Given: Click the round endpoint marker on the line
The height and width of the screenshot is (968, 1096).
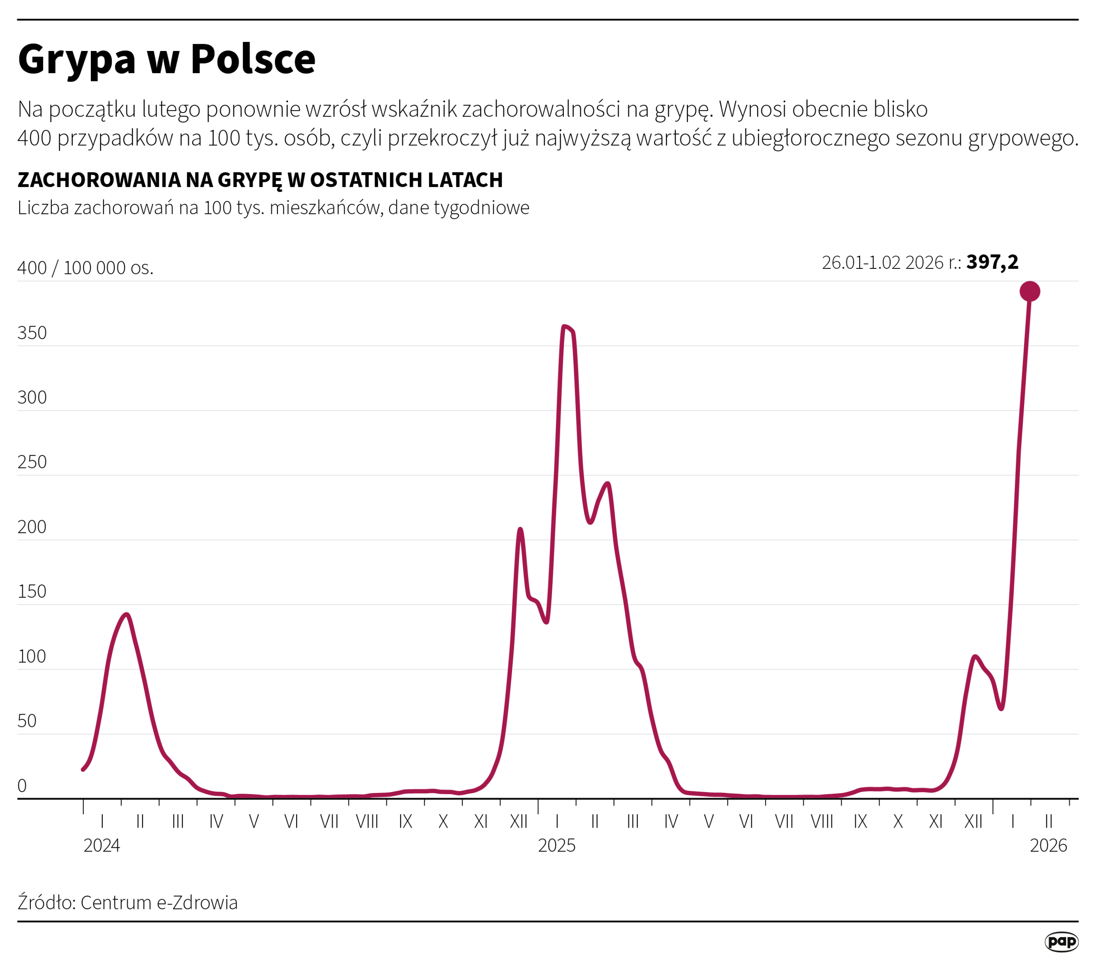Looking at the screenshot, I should point(1030,292).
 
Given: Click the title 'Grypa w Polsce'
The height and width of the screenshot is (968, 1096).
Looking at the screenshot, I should point(167,59).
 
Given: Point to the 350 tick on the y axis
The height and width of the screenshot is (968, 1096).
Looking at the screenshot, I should point(32,333).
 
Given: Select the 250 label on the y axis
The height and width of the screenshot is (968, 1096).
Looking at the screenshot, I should point(32,462).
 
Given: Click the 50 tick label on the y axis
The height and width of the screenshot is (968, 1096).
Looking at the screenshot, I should point(27,721).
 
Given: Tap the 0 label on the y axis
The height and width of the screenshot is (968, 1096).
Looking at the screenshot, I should point(22,786).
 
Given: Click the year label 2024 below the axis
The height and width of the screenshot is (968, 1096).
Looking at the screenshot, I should point(102,846).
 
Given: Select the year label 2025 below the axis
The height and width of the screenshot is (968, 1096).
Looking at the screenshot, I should point(557,846).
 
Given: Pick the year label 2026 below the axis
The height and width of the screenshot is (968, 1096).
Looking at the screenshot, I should point(1048,846).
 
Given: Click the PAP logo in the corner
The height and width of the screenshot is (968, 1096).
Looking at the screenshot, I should point(1061,942).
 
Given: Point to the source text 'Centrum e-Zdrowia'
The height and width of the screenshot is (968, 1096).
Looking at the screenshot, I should point(159,903).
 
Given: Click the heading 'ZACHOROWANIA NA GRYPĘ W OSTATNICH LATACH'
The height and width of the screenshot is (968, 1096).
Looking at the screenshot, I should point(260,180).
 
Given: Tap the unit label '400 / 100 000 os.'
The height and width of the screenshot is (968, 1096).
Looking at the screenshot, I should point(86,268).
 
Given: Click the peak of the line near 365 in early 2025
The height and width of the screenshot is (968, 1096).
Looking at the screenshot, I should point(565,326).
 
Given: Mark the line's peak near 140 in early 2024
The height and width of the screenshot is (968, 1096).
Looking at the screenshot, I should point(126,615).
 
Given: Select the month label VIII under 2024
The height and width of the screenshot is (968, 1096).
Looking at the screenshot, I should point(367,822).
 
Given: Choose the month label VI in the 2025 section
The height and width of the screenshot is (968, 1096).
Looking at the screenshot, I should point(746,822).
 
